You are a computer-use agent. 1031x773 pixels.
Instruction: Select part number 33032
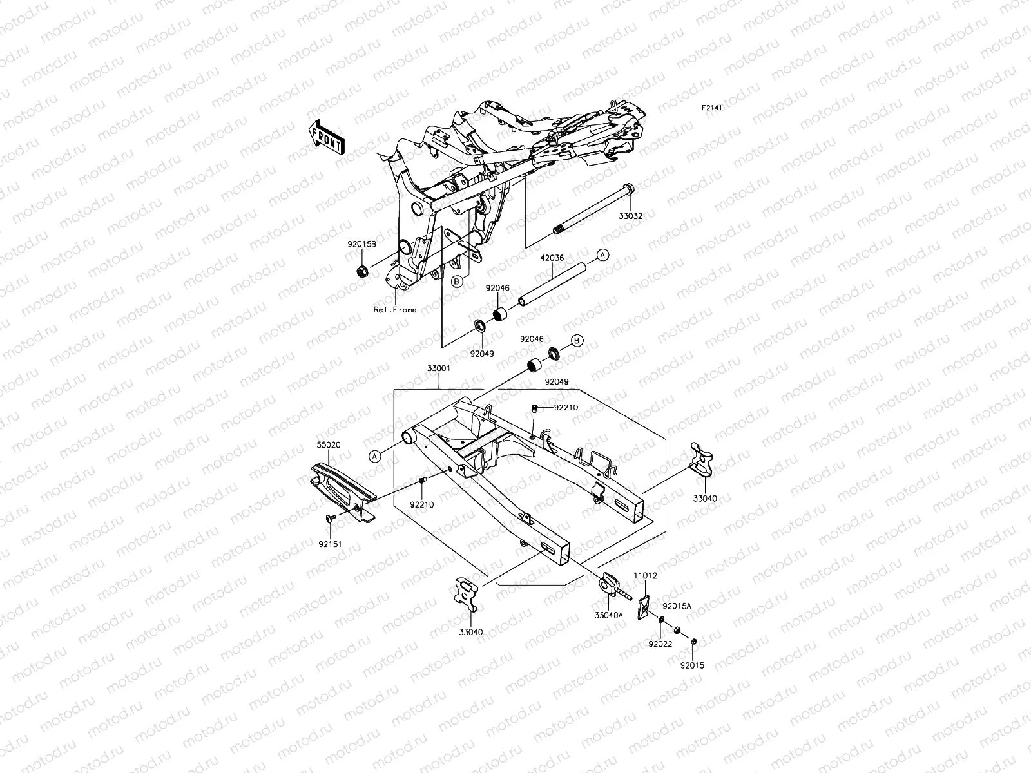[631, 216]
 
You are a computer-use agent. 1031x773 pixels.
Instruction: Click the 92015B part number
[362, 245]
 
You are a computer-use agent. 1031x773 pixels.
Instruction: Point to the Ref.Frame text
[395, 310]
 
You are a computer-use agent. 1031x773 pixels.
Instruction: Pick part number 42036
[552, 258]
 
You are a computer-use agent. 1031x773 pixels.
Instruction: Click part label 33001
[438, 369]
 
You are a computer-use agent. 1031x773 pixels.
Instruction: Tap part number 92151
[330, 544]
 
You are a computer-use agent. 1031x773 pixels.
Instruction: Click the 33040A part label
[609, 615]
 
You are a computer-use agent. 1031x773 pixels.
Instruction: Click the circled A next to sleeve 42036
[601, 255]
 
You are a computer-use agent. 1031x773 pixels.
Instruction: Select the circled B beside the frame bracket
[456, 281]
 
